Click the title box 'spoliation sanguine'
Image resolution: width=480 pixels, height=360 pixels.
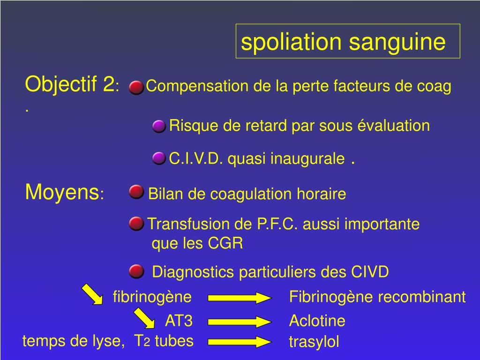(347, 42)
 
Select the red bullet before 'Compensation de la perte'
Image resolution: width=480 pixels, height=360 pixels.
(136, 87)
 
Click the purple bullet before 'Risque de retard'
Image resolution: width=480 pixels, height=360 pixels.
(159, 126)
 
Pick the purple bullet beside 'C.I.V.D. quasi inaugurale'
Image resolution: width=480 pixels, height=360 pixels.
(159, 158)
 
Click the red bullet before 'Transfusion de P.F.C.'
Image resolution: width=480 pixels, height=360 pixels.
(136, 224)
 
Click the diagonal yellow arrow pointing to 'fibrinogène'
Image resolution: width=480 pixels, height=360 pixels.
(92, 294)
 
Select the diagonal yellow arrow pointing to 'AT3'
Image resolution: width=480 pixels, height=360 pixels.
(144, 318)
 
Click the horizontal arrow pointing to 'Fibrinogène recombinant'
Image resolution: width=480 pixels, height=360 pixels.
(240, 298)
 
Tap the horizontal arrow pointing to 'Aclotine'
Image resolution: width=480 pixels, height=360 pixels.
(240, 321)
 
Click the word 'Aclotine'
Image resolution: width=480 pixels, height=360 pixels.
(317, 321)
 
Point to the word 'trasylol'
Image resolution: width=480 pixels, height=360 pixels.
(314, 342)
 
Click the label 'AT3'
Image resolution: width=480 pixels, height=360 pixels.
(179, 321)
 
